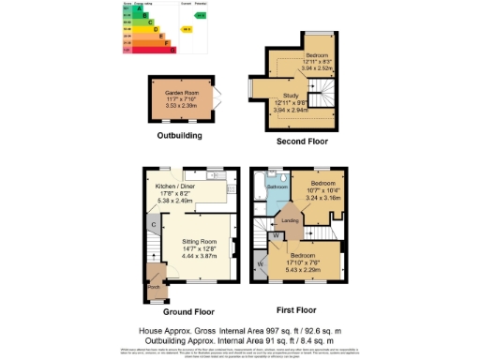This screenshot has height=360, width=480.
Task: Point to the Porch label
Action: coord(153,288)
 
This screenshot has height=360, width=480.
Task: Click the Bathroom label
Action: coord(277,187)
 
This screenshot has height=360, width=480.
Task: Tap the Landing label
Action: coord(291,220)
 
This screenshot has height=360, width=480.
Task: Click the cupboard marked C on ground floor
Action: coord(152,225)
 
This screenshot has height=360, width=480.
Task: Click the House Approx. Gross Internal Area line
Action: coord(239,331)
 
